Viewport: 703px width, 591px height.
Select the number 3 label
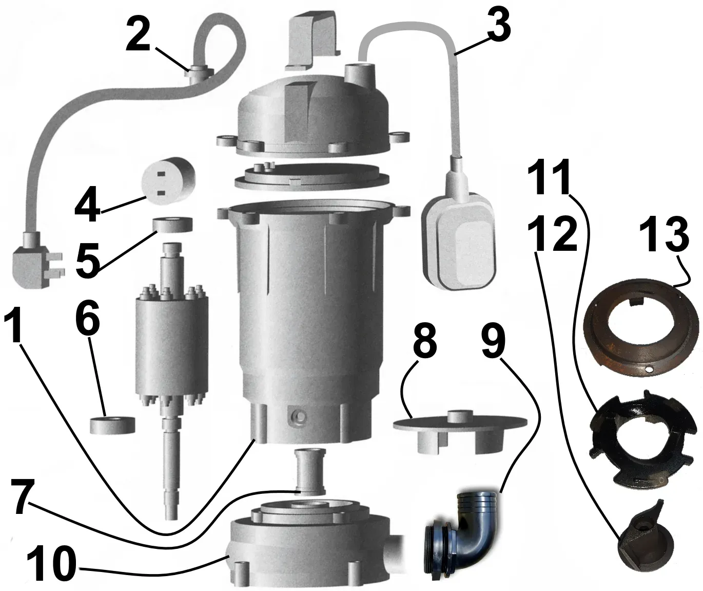499,27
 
